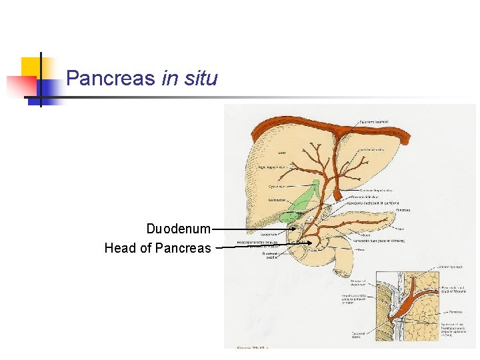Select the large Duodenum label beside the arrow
[179, 229]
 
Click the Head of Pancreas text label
[157, 249]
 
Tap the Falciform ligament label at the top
[373, 122]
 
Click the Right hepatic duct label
[273, 168]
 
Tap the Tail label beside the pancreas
[401, 228]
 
